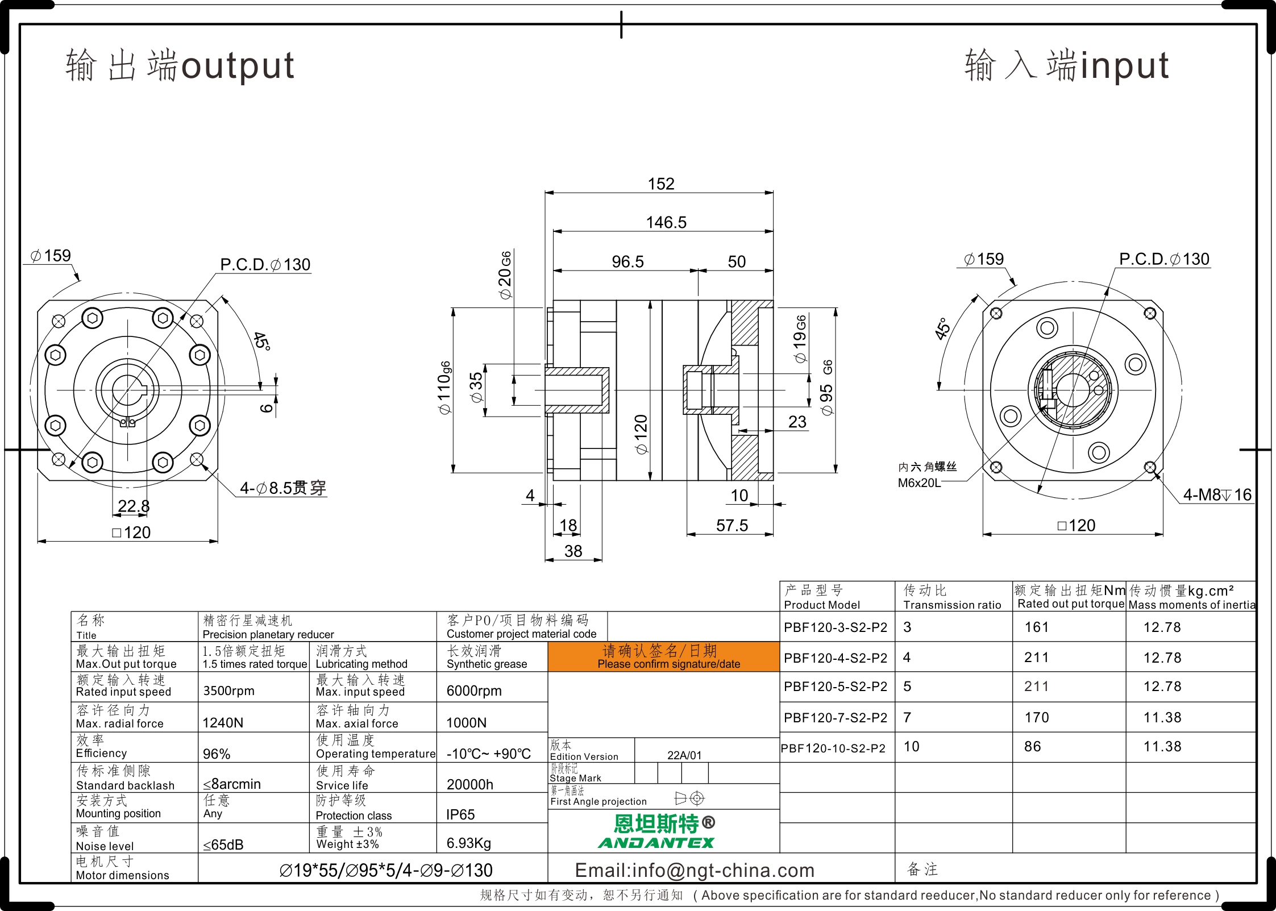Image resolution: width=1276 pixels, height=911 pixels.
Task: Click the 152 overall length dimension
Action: coord(661,184)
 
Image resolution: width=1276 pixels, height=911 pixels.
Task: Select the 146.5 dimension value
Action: coord(666,222)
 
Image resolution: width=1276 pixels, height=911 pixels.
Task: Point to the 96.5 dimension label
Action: coord(627,261)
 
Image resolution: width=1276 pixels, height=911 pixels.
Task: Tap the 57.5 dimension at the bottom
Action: coord(732,525)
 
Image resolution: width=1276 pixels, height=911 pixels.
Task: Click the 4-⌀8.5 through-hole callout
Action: coord(283,488)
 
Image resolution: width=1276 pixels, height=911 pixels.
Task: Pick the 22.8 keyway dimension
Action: coord(134,506)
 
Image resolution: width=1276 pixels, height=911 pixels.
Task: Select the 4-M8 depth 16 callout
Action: coord(1217,494)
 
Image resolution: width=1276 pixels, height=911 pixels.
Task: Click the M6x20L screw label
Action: coord(919,483)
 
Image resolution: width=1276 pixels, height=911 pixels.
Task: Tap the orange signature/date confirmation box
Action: coord(663,657)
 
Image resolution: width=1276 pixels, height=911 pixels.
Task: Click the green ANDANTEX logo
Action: coord(656,843)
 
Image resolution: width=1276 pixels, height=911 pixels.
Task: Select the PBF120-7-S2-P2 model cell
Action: coord(836,718)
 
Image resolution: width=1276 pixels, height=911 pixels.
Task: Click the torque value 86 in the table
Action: coord(1033,746)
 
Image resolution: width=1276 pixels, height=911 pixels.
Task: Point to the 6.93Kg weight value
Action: coord(469,843)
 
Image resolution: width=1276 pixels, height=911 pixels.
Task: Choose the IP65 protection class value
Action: coord(460,814)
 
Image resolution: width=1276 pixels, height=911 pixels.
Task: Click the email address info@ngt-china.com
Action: coord(695,870)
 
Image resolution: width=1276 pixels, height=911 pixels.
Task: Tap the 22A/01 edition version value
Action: coord(684,755)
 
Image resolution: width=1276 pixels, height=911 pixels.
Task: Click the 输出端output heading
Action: coord(180,65)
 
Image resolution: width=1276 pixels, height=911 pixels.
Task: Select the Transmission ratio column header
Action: coord(953,605)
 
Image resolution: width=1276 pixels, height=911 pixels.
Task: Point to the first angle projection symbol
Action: coord(689,798)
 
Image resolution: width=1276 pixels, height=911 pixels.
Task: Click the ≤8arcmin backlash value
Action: coord(232,784)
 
